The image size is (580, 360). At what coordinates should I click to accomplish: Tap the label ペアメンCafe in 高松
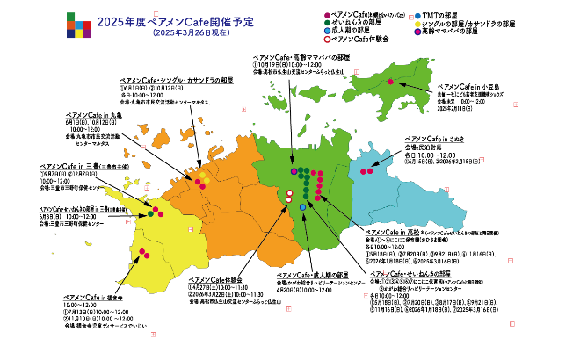[389, 232]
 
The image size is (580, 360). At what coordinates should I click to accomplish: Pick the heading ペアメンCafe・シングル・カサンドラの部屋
[178, 80]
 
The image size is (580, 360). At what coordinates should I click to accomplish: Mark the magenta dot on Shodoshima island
[391, 81]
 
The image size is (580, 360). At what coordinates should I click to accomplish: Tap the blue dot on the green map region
[302, 206]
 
